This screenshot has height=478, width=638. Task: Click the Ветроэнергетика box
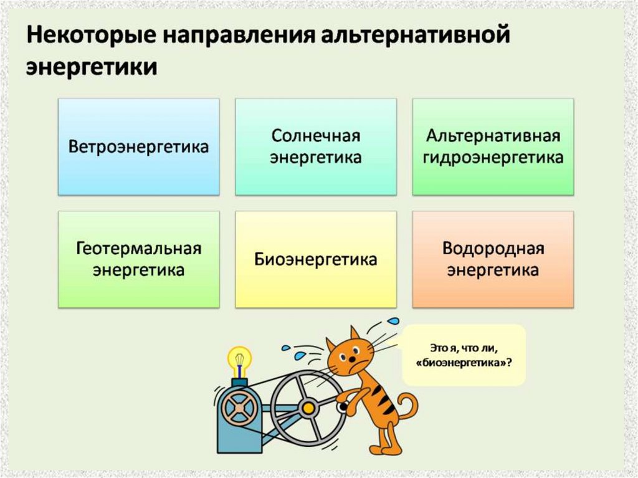coord(138,147)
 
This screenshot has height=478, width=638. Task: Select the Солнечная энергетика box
coord(315,147)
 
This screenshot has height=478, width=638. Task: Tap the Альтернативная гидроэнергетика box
coord(492,147)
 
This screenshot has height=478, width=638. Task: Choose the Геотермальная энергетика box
coord(138,259)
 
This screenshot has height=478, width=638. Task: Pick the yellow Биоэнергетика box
coord(315,259)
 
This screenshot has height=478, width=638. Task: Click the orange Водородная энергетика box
coord(492,259)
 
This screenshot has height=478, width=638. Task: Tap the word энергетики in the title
coord(91,67)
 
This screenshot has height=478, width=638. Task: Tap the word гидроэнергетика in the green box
coord(492,158)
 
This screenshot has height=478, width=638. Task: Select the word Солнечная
coord(315,136)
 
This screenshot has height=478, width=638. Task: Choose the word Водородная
coord(492,249)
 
